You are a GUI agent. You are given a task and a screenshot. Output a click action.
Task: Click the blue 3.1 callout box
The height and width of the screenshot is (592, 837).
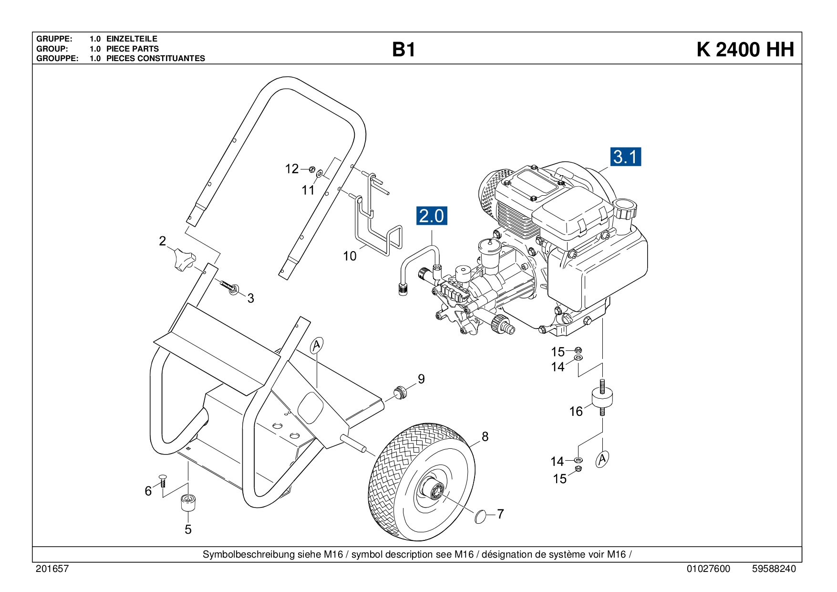tap(626, 157)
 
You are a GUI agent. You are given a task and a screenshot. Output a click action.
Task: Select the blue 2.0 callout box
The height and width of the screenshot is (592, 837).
tap(432, 216)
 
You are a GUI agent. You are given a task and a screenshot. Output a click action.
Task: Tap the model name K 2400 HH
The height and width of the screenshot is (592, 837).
tap(745, 50)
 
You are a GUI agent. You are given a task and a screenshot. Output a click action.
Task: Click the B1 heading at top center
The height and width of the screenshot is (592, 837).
tap(403, 50)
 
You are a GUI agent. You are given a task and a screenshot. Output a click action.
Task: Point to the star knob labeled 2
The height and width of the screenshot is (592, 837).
tap(184, 259)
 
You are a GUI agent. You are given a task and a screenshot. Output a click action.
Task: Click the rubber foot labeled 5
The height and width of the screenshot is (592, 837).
tap(189, 503)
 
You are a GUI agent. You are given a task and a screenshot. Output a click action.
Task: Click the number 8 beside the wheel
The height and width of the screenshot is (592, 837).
tap(485, 436)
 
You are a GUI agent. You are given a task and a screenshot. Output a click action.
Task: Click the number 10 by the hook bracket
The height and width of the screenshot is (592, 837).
tap(350, 256)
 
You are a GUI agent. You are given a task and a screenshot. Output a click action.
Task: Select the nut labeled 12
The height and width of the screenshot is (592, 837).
tap(312, 169)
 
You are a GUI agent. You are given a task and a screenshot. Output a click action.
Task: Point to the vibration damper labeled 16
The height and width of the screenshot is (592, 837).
tap(602, 398)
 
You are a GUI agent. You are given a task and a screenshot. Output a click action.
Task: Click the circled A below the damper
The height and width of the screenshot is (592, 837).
tap(602, 459)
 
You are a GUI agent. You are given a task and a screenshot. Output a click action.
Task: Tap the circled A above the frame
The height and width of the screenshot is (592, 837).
tap(317, 345)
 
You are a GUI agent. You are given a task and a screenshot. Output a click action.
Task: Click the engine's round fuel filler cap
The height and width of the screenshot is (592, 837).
tap(625, 209)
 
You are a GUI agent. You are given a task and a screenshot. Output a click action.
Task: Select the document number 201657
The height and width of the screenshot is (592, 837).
tap(52, 569)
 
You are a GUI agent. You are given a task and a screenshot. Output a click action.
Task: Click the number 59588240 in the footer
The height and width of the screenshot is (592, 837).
tap(774, 569)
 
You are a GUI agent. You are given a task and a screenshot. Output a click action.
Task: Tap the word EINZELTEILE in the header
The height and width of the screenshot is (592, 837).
tap(132, 39)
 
